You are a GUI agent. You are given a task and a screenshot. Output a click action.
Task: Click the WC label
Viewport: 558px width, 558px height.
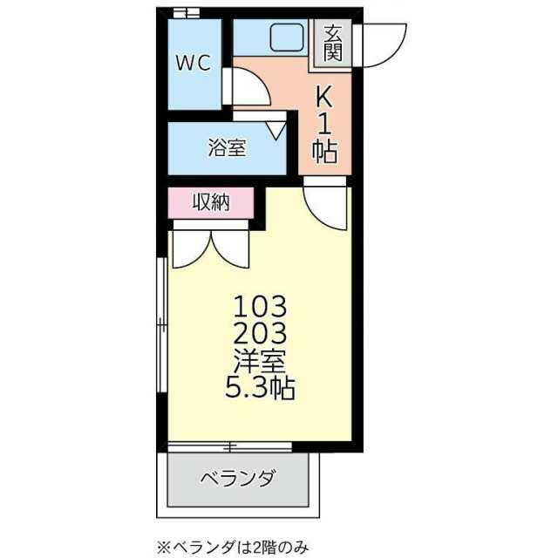[x=193, y=63]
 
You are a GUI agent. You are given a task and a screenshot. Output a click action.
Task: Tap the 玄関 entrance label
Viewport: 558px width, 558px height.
[x=332, y=43]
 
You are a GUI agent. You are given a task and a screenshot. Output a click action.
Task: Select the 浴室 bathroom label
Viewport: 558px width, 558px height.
[x=226, y=148]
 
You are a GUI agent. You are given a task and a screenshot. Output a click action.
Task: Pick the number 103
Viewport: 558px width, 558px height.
[x=259, y=306]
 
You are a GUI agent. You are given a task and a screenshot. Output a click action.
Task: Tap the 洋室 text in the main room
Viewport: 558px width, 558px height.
[x=259, y=360]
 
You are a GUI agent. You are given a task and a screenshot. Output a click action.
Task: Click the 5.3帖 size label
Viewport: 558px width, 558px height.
[x=259, y=387]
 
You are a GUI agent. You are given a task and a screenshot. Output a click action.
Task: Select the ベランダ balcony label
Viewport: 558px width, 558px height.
[x=238, y=479]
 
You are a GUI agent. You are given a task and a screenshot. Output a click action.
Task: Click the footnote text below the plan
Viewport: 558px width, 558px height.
[x=232, y=547]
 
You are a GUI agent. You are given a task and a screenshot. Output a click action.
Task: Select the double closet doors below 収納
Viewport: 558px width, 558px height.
[x=210, y=246]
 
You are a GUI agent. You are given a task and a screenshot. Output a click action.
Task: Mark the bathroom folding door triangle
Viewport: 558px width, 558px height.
[x=276, y=129]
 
